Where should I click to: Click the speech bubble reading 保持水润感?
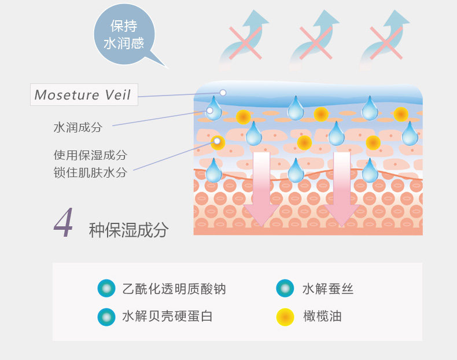pyautogui.click(x=124, y=35)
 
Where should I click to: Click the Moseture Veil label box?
pyautogui.click(x=84, y=95)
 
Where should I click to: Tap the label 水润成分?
pyautogui.click(x=78, y=127)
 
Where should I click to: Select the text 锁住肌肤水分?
pyautogui.click(x=90, y=172)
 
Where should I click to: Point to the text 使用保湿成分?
pyautogui.click(x=90, y=155)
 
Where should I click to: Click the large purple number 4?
pyautogui.click(x=64, y=222)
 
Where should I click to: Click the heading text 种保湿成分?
pyautogui.click(x=128, y=230)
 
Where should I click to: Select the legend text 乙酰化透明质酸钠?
pyautogui.click(x=174, y=289)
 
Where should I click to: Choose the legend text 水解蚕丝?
pyautogui.click(x=328, y=289)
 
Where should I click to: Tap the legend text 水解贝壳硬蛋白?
pyautogui.click(x=167, y=316)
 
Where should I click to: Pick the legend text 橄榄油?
pyautogui.click(x=322, y=316)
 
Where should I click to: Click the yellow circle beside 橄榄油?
pyautogui.click(x=285, y=317)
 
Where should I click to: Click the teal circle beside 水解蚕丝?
pyautogui.click(x=285, y=288)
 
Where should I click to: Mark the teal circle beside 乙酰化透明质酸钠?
pyautogui.click(x=106, y=288)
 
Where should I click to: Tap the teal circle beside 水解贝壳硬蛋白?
pyautogui.click(x=106, y=317)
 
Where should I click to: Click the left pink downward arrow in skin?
pyautogui.click(x=261, y=189)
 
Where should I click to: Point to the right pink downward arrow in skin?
pyautogui.click(x=342, y=189)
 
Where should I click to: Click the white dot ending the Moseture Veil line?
pyautogui.click(x=223, y=93)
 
